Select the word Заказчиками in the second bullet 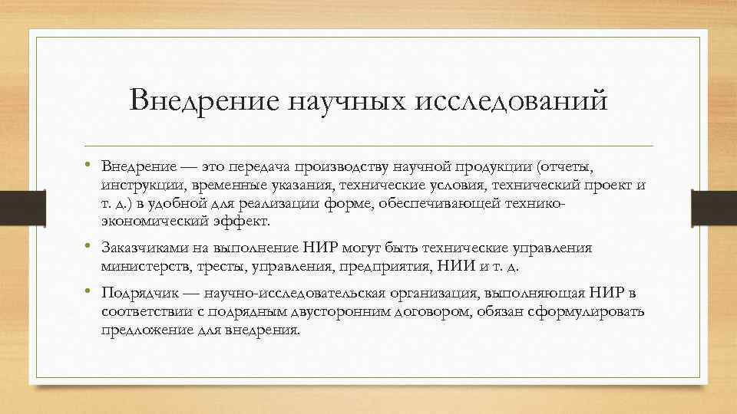pyautogui.click(x=145, y=248)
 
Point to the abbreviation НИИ pyautogui.click(x=452, y=266)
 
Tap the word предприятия pyautogui.click(x=386, y=266)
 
